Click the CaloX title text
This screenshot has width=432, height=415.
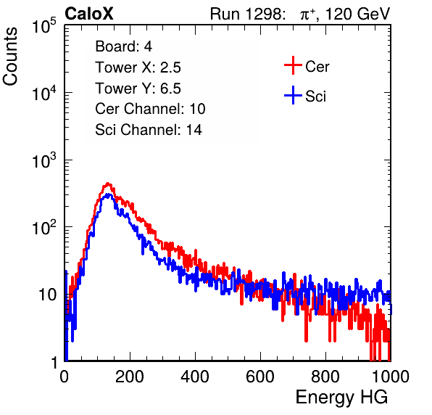pyautogui.click(x=89, y=14)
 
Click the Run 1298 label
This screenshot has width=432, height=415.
pyautogui.click(x=247, y=14)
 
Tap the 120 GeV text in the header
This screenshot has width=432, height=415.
pyautogui.click(x=357, y=14)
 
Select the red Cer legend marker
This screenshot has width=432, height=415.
pyautogui.click(x=293, y=65)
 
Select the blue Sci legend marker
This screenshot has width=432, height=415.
pyautogui.click(x=293, y=95)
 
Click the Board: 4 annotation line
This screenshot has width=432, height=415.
pyautogui.click(x=123, y=46)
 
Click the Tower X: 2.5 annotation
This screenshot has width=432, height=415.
pyautogui.click(x=138, y=67)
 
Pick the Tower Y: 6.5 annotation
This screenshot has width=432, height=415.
pyautogui.click(x=138, y=89)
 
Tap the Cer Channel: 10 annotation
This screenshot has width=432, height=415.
pyautogui.click(x=150, y=109)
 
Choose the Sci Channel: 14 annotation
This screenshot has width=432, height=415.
pyautogui.click(x=149, y=130)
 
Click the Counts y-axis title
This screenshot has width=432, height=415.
pyautogui.click(x=10, y=57)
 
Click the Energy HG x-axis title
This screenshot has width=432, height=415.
pyautogui.click(x=341, y=398)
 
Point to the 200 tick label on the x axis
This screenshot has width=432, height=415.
pyautogui.click(x=130, y=377)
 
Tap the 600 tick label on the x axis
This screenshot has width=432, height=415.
pyautogui.click(x=260, y=377)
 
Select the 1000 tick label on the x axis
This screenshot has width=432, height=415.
pyautogui.click(x=391, y=377)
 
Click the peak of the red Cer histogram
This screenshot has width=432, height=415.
pyautogui.click(x=108, y=183)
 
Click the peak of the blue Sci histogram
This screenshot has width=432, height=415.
pyautogui.click(x=109, y=194)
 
